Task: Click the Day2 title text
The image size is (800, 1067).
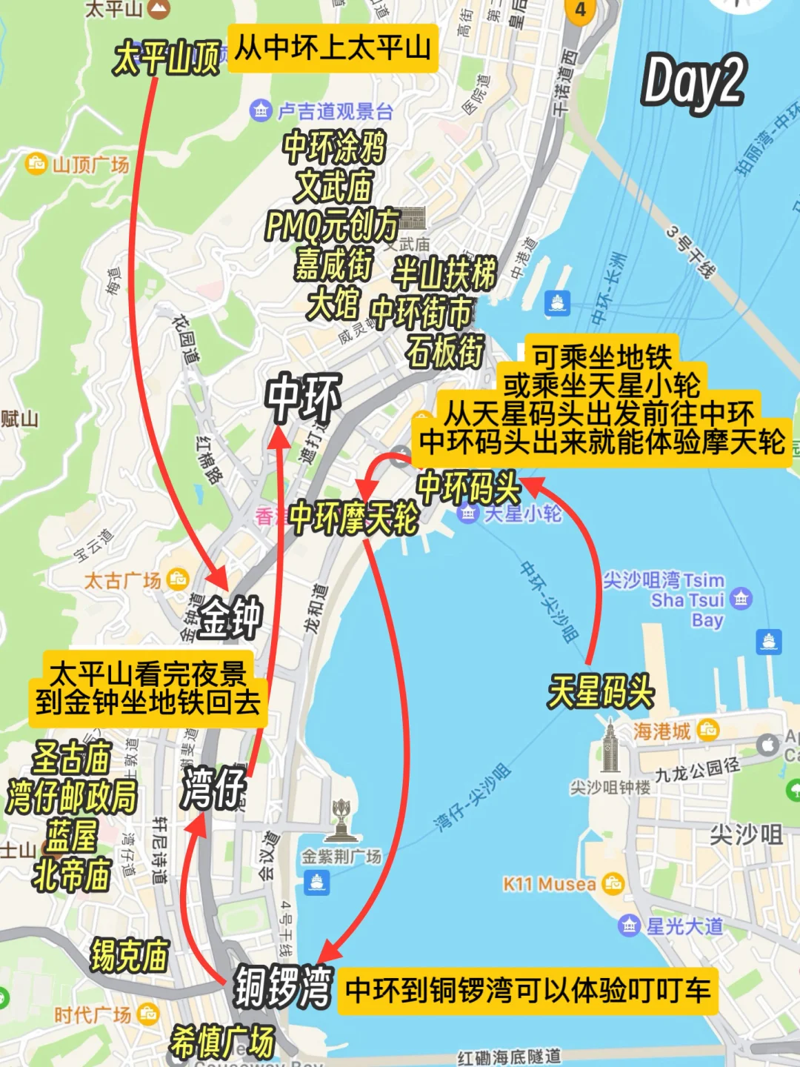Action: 693,82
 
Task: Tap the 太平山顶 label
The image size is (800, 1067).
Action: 167,57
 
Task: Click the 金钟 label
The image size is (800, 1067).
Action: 230,617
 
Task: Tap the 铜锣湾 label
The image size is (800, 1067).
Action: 284,986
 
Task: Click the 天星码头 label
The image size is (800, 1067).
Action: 600,692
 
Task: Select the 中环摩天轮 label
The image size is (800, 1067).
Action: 353,517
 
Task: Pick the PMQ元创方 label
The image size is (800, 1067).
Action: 333,225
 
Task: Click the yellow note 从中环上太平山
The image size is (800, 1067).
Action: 333,48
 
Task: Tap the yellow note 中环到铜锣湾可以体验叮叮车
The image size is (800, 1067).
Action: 527,991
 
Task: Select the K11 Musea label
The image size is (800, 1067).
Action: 550,884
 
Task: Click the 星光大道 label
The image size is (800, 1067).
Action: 684,926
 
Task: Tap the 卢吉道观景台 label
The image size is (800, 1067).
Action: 335,112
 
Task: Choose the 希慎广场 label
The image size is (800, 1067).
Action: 222,1042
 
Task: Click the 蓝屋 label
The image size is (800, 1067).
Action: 72,835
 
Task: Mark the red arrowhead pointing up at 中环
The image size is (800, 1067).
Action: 279,437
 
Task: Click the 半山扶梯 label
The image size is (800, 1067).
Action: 444,273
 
